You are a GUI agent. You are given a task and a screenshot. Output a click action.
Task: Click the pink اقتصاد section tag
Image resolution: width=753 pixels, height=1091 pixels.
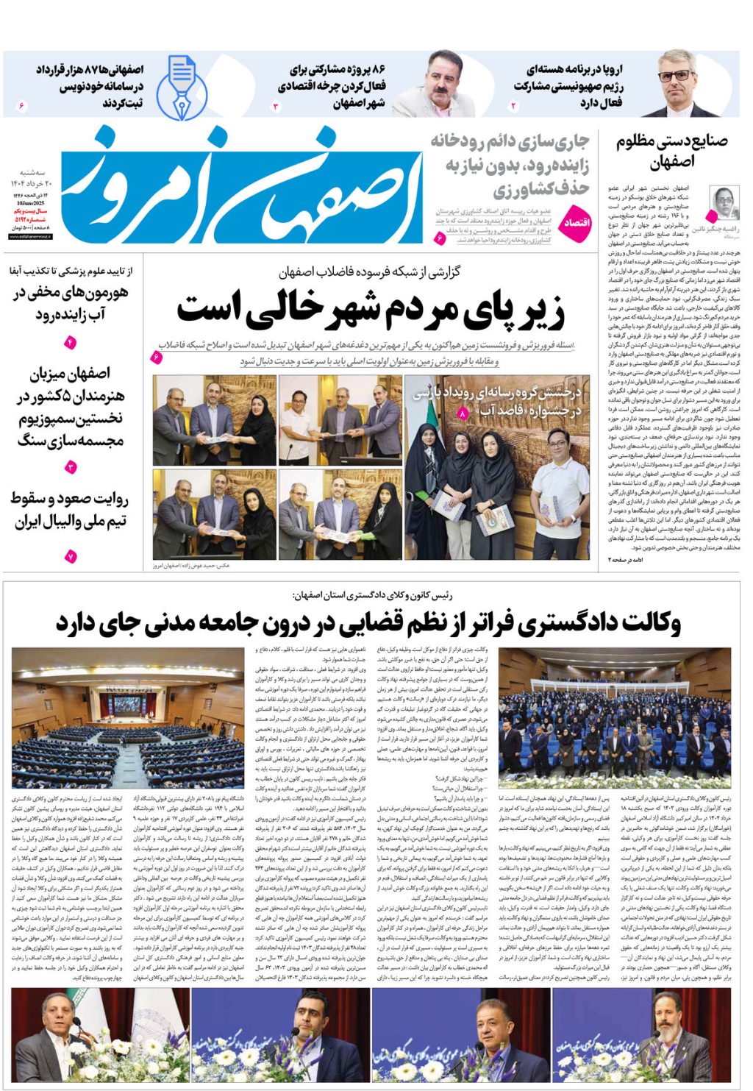pos(577,222)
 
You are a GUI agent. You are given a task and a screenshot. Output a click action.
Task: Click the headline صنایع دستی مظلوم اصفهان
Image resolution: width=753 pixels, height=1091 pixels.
pos(671,151)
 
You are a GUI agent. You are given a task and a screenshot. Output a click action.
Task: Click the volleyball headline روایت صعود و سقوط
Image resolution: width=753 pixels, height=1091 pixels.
pos(70,510)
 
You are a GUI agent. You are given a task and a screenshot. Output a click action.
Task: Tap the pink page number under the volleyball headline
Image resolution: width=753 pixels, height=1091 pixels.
pos(71,557)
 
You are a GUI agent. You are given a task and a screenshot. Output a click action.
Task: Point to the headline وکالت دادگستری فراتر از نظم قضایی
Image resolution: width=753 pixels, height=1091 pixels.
pos(368,623)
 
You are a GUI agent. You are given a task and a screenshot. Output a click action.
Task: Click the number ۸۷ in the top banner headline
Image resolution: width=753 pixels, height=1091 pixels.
pos(96,69)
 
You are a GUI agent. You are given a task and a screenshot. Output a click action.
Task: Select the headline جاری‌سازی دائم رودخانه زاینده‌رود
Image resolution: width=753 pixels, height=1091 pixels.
pos(510,165)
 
